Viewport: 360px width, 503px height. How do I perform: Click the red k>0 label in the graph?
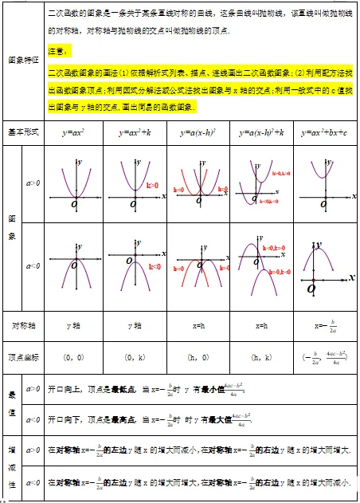[152, 185]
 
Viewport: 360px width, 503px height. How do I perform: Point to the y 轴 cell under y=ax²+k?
[135, 326]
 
